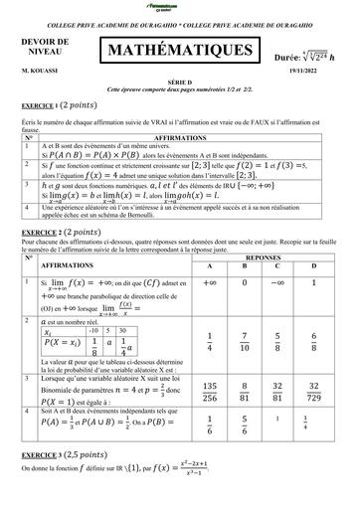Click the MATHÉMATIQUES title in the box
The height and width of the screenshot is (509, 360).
click(x=178, y=49)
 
